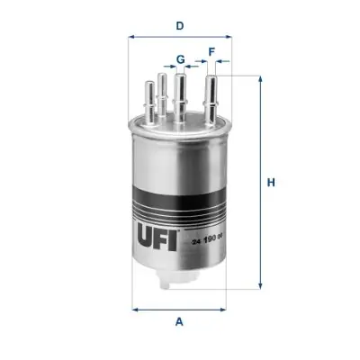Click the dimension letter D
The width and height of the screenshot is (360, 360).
tap(180, 25)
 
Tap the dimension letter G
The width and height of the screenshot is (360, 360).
tap(180, 59)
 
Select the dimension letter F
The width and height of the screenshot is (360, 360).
tap(211, 52)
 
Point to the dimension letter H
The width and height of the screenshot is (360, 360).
tap(270, 184)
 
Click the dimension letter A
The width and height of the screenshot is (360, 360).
tap(180, 321)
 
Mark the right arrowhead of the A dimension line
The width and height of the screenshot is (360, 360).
tap(227, 309)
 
